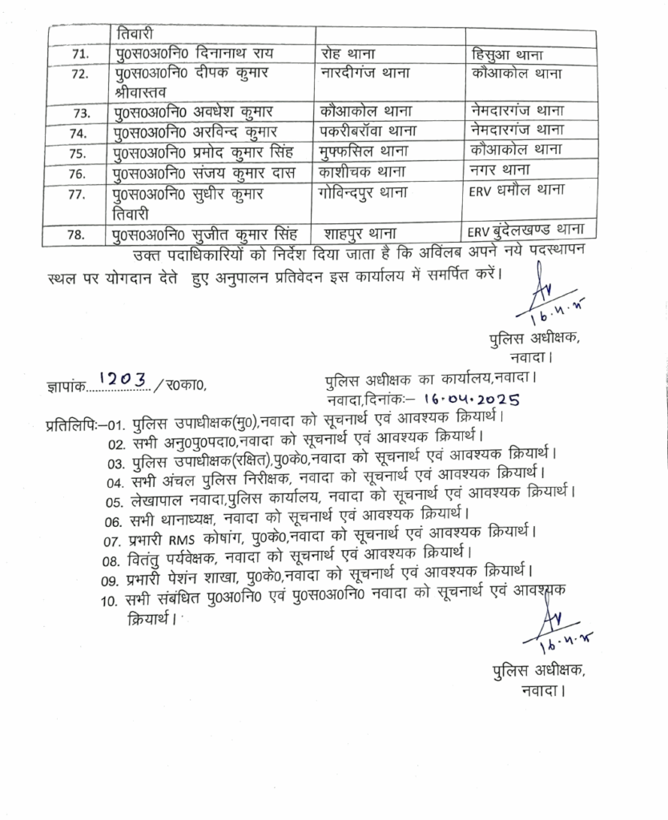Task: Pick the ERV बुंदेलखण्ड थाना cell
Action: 529,232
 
